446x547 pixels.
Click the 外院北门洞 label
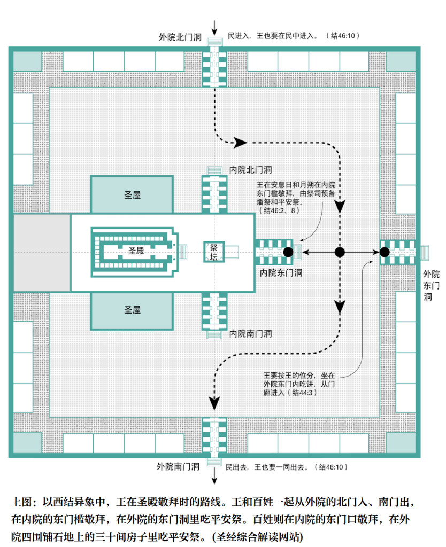[x=180, y=37]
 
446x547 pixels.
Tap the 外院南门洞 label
[x=178, y=466]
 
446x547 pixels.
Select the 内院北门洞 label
[x=250, y=170]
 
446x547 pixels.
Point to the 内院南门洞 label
[x=250, y=334]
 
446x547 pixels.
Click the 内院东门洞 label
[x=281, y=273]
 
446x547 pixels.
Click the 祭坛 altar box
[x=214, y=252]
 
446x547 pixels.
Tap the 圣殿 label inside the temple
[x=136, y=251]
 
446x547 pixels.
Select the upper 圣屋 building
[x=132, y=194]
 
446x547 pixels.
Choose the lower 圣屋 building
[x=132, y=310]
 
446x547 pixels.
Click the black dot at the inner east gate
[x=288, y=252]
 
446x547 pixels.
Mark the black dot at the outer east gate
[x=385, y=252]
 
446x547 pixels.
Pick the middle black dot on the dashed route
[x=340, y=252]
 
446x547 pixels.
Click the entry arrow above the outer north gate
[x=214, y=28]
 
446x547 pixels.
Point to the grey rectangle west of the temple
[x=42, y=253]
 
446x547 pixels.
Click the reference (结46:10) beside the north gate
[x=343, y=36]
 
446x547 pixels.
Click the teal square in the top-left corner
[x=27, y=61]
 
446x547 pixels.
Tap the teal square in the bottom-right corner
[x=401, y=443]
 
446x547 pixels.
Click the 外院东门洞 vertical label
[x=431, y=285]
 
